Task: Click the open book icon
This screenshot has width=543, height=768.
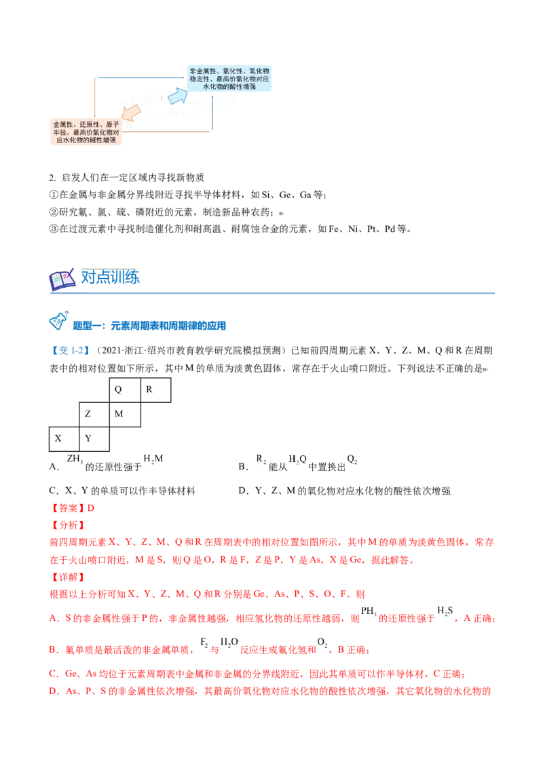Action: [x=62, y=280]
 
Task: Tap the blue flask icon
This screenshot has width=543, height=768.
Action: [x=59, y=320]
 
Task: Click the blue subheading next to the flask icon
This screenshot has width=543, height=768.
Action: [x=149, y=326]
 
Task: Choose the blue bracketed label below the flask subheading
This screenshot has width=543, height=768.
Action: [x=71, y=351]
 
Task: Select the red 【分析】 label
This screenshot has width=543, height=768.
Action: [x=68, y=525]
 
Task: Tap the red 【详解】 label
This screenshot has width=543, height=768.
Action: [x=68, y=577]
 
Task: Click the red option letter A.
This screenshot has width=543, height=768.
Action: [x=52, y=619]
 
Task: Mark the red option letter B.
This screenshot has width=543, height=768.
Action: [x=52, y=650]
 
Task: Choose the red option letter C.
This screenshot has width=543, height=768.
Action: [x=52, y=674]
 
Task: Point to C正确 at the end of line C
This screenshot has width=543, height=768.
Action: [x=451, y=674]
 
